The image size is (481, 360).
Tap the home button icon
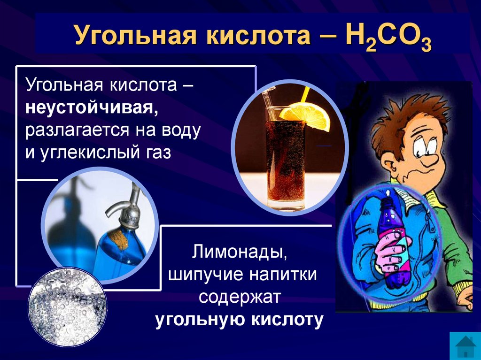(x=465, y=345)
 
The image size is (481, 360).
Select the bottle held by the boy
(x=393, y=239)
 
